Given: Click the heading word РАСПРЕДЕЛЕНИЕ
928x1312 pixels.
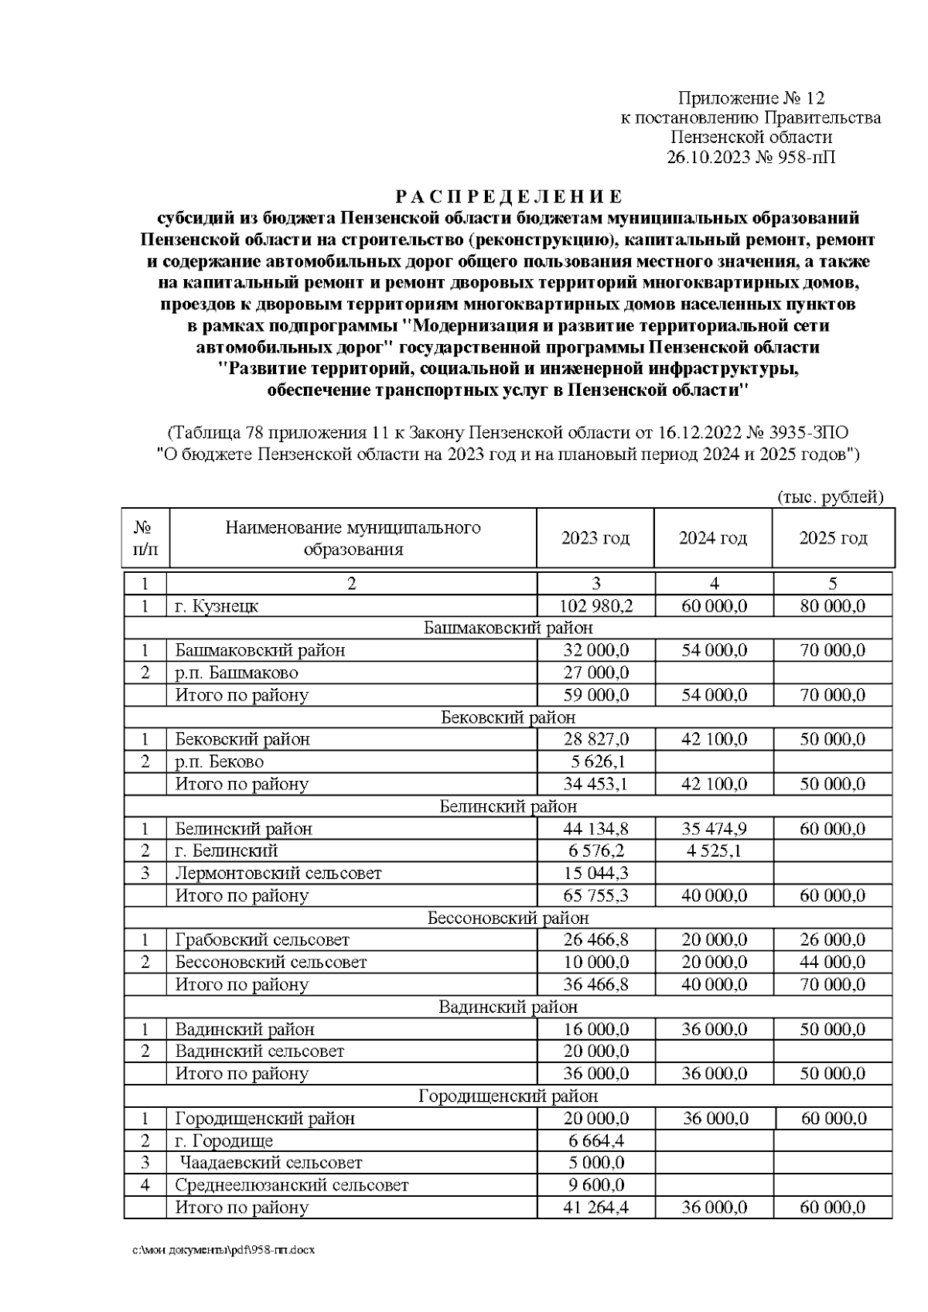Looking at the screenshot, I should (508, 196).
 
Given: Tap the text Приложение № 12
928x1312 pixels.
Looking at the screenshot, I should (751, 98).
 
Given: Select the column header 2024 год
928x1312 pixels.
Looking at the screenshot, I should (712, 538).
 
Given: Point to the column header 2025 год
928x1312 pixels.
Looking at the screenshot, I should (833, 538).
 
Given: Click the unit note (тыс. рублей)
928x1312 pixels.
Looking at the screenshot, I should (829, 496).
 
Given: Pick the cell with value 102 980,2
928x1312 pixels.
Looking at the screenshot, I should (595, 605).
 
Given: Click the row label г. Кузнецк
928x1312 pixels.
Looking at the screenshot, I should (217, 605).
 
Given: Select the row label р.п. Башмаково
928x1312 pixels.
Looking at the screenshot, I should (237, 673).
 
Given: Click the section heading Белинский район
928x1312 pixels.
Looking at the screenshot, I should (508, 806).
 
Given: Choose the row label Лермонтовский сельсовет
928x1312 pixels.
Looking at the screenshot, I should (278, 873).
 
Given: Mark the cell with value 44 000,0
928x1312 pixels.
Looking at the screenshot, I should (833, 962).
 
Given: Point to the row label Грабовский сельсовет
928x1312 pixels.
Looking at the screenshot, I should (262, 939).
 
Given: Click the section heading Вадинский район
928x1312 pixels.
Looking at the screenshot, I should (508, 1007).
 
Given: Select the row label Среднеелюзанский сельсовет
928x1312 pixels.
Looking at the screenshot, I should (292, 1184).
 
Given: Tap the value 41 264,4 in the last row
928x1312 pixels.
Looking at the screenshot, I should (595, 1207).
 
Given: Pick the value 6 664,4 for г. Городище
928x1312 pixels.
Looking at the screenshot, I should (595, 1140).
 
